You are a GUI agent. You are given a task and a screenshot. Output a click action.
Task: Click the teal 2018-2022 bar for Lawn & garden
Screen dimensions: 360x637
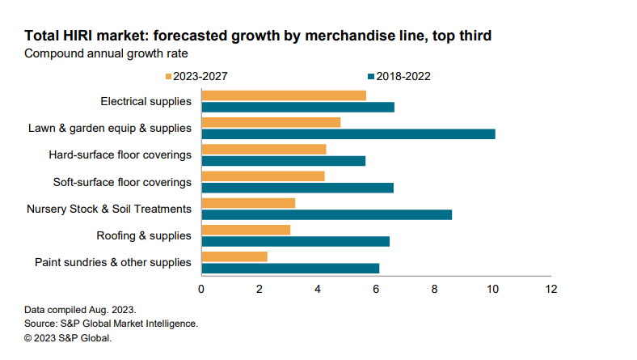click(x=348, y=134)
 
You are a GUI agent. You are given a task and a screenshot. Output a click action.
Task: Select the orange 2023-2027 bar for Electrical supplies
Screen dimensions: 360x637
click(x=283, y=95)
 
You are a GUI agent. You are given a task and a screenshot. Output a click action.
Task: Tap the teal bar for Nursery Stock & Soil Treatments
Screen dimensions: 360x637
click(x=326, y=214)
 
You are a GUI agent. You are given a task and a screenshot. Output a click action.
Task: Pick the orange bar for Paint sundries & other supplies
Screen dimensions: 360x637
click(x=234, y=256)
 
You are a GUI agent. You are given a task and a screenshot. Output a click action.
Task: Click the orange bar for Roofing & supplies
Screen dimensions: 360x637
click(x=245, y=230)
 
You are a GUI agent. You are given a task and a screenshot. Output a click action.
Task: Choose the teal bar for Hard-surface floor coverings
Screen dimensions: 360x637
click(x=283, y=161)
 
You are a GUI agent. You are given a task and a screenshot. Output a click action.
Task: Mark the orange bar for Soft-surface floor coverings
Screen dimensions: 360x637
click(x=263, y=176)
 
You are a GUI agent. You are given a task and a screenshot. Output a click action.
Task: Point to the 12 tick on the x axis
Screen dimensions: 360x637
click(x=550, y=288)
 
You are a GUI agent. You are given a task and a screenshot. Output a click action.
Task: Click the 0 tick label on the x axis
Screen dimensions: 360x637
click(x=201, y=288)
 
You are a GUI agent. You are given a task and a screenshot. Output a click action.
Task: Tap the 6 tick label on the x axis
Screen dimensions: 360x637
click(x=376, y=288)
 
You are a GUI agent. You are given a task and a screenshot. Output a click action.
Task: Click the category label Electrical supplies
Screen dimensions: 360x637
click(x=146, y=101)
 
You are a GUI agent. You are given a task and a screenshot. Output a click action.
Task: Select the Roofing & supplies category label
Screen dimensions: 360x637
click(x=144, y=235)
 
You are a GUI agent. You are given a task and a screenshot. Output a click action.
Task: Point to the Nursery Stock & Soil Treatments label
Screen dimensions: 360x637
click(x=108, y=209)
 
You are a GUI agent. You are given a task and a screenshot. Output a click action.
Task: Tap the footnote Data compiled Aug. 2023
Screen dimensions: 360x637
click(x=80, y=310)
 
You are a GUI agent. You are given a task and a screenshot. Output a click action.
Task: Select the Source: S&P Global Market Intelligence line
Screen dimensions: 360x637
click(x=111, y=324)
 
